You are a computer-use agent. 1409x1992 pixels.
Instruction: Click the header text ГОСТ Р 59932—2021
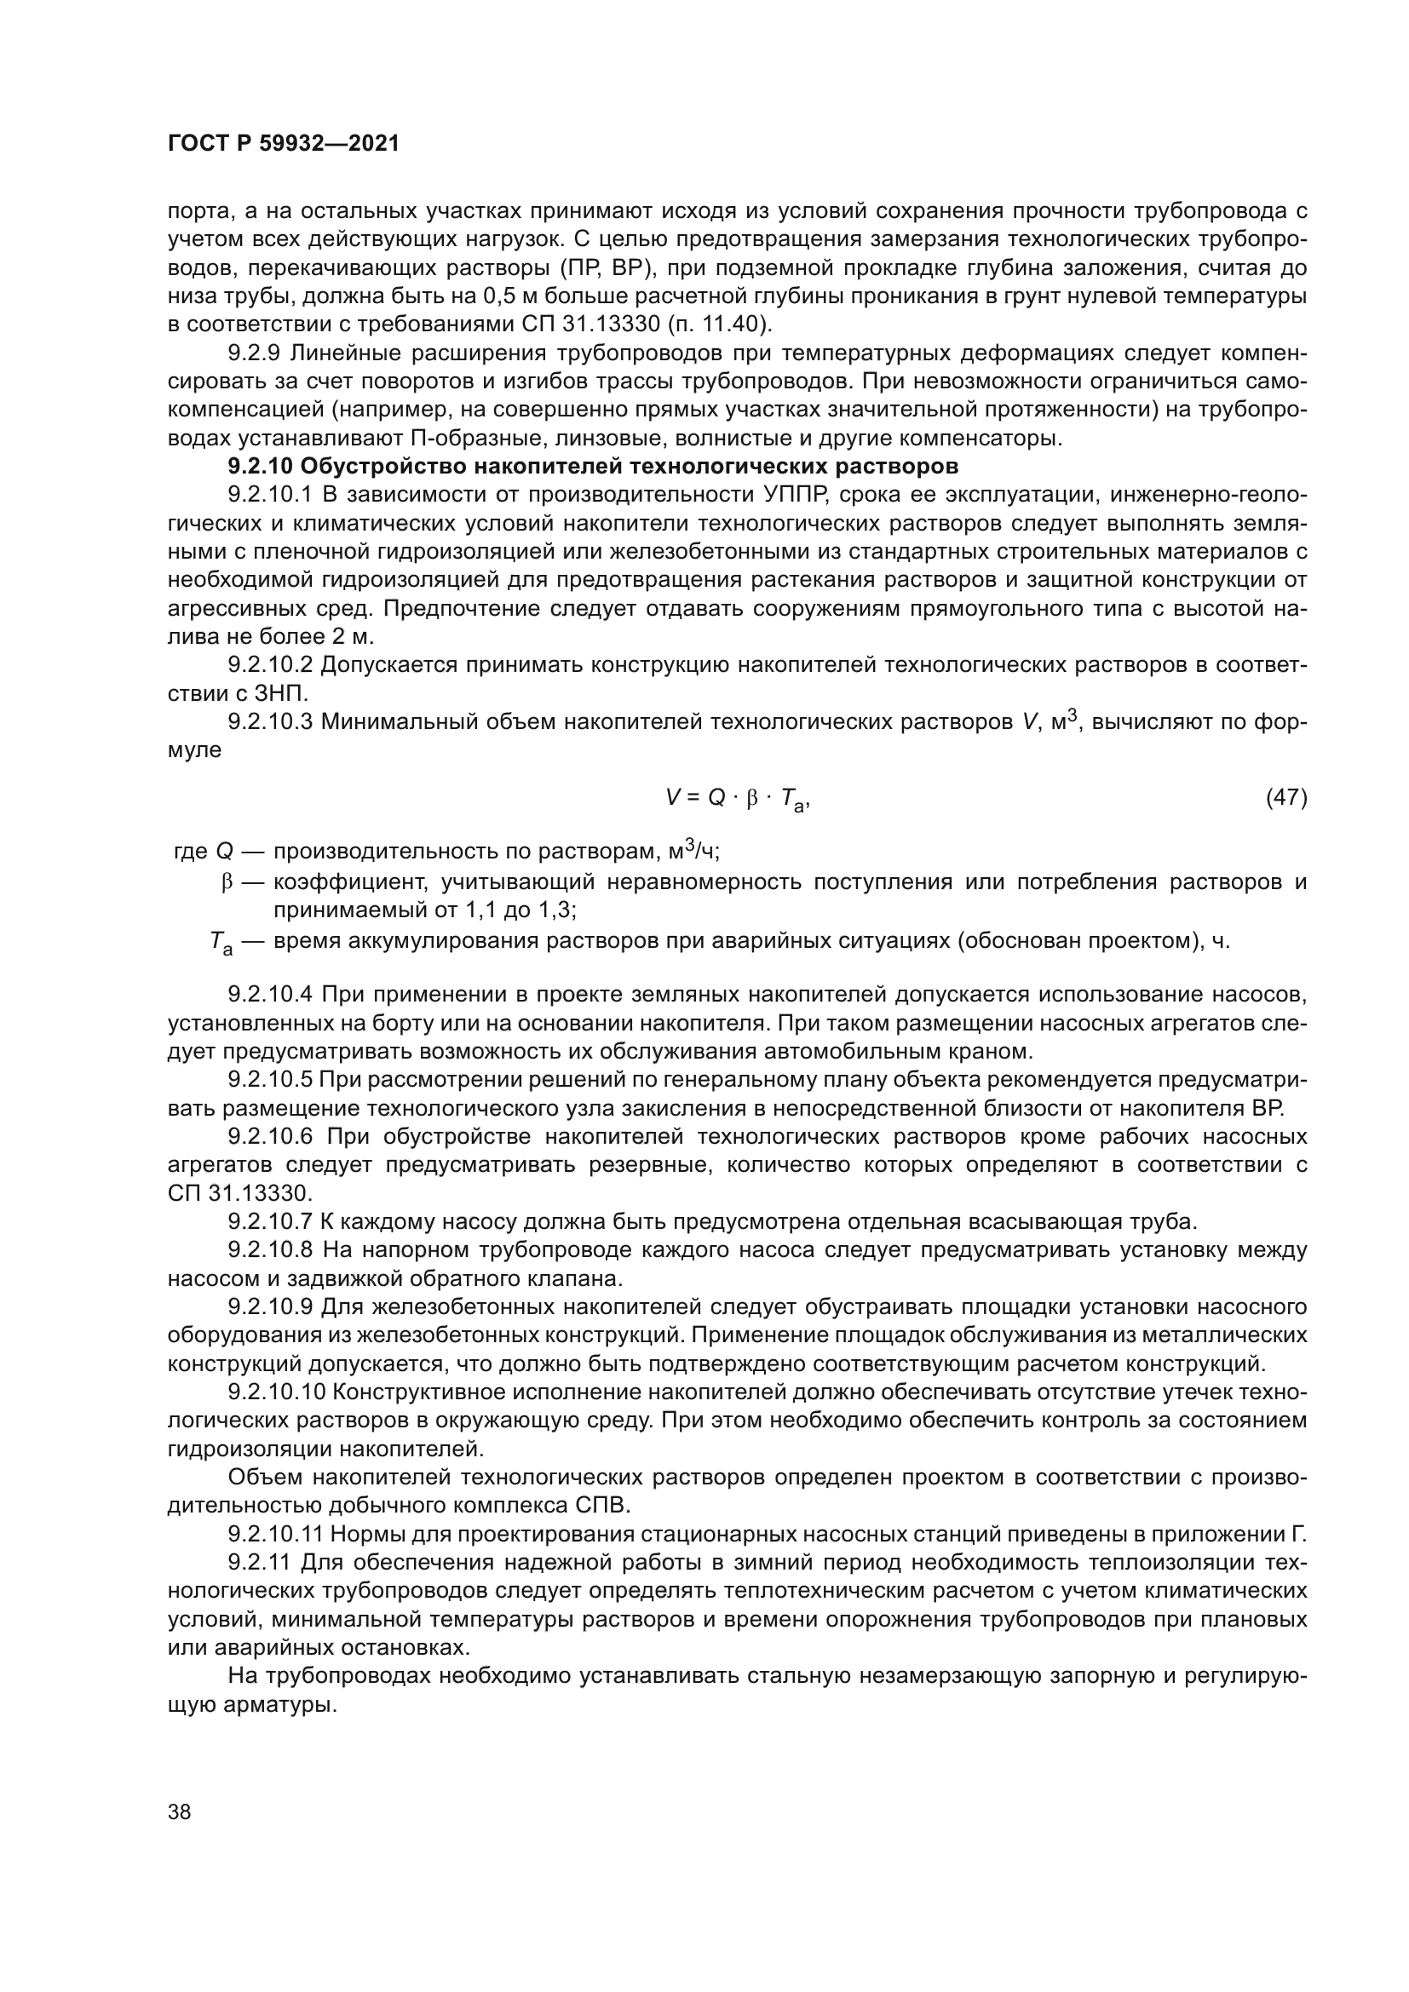284,144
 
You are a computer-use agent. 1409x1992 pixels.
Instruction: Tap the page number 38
180,1811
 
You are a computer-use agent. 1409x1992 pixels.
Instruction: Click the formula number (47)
1285,796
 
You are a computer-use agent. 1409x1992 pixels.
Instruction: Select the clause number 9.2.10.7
270,1221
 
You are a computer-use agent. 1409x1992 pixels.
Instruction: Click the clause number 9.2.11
261,1563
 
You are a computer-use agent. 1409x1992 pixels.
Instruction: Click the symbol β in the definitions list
227,883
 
